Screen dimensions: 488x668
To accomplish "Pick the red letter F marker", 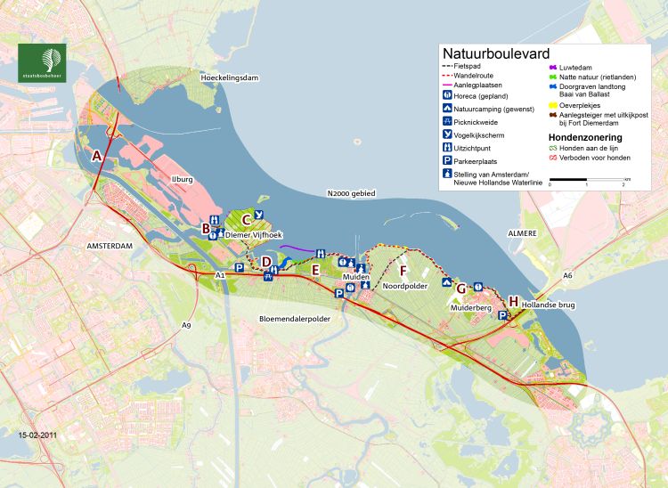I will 403,270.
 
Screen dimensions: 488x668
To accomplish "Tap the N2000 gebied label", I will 351,193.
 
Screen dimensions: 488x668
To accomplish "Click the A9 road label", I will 186,325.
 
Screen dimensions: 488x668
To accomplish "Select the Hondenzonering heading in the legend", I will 582,138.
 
